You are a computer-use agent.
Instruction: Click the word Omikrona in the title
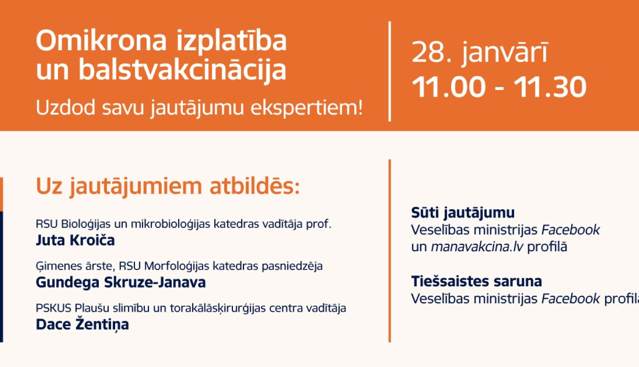[x=101, y=41]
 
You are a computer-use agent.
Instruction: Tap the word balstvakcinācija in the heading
[x=182, y=70]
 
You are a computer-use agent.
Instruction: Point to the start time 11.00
[x=449, y=87]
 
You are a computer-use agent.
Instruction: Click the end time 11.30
[x=550, y=87]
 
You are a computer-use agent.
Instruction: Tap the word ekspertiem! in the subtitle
[x=306, y=108]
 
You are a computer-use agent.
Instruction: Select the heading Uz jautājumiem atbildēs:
[x=168, y=186]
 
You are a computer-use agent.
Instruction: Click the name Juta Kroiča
[x=75, y=240]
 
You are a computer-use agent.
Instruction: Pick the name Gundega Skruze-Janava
[x=121, y=282]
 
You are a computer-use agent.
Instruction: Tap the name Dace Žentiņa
[x=82, y=324]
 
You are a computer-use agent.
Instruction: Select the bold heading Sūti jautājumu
[x=463, y=213]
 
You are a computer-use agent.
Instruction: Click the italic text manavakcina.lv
[x=477, y=247]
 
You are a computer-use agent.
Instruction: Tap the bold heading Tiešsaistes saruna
[x=476, y=281]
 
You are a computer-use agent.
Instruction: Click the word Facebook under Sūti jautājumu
[x=570, y=230]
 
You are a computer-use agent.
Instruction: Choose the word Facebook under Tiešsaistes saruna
[x=570, y=299]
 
